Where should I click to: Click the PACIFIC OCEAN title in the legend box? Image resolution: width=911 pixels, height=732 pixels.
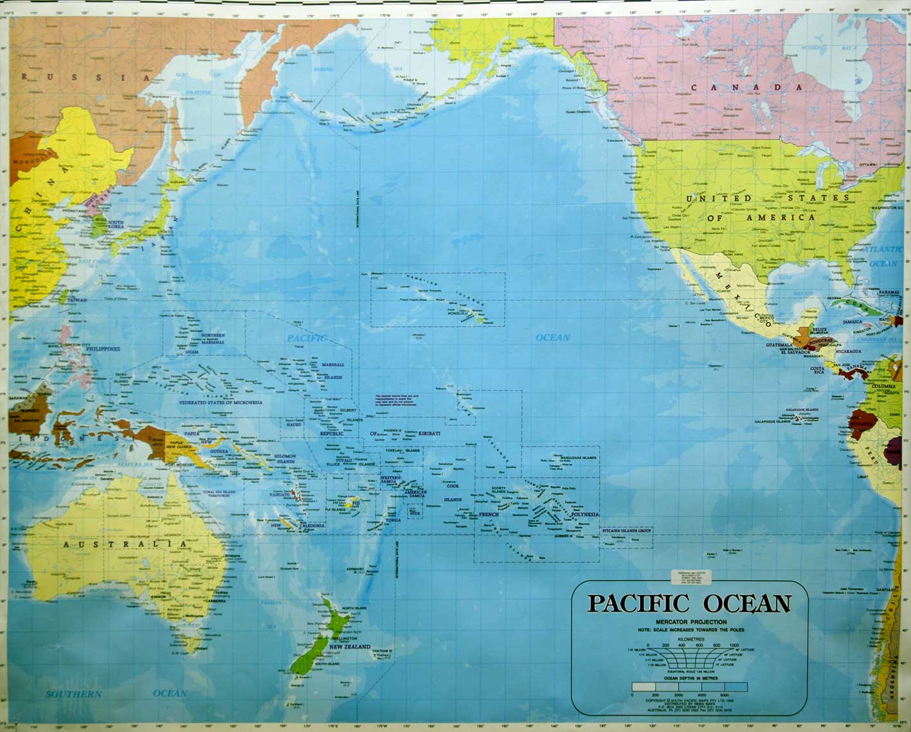click(688, 604)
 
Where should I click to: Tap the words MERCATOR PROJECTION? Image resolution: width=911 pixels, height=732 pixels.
click(691, 622)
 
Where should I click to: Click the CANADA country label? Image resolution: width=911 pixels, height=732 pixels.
click(745, 87)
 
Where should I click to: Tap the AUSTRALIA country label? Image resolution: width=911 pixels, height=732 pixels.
click(126, 544)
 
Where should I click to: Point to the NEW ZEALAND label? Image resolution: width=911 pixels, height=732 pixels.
click(350, 647)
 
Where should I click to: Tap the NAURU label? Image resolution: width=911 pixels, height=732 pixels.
click(294, 424)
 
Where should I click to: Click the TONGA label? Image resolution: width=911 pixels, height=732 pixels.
click(393, 519)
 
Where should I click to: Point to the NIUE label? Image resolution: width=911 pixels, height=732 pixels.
click(415, 513)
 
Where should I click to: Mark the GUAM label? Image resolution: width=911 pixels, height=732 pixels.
click(192, 352)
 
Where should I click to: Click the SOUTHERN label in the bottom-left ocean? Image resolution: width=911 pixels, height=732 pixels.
click(73, 694)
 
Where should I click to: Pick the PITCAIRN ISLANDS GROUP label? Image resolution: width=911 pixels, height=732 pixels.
click(627, 531)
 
